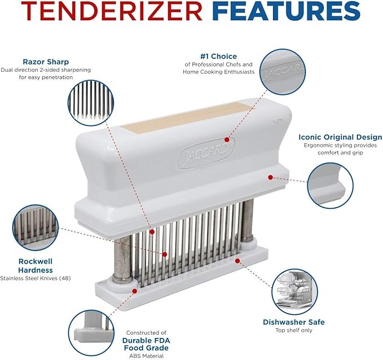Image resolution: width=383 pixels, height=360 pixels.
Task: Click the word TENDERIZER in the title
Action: click(x=111, y=11)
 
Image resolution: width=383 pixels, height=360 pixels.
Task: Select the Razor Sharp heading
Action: click(x=46, y=62)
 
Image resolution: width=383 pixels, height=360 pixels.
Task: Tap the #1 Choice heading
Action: click(x=219, y=56)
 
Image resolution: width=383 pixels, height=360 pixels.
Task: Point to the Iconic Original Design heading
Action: click(x=340, y=137)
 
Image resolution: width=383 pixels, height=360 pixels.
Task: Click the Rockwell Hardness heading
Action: click(x=36, y=266)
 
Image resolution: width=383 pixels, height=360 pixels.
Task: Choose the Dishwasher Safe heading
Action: click(x=294, y=322)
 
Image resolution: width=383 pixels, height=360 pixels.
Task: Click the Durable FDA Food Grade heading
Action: click(x=146, y=344)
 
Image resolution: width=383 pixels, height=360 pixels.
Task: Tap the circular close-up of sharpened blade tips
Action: click(x=91, y=103)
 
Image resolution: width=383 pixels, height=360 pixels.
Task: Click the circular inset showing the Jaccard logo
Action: click(x=283, y=72)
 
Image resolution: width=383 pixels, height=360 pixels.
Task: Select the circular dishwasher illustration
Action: click(x=294, y=291)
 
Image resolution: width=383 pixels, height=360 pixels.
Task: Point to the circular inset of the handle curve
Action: click(x=330, y=186)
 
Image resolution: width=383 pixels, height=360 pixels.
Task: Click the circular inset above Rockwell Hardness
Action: click(x=36, y=228)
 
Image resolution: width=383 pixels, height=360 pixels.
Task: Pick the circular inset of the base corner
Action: click(x=91, y=332)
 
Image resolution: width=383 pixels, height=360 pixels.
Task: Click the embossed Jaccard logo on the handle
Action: click(x=206, y=153)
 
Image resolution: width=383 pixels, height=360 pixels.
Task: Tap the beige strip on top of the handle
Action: click(x=188, y=117)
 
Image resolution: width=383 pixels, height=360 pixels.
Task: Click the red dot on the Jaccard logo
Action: click(x=227, y=139)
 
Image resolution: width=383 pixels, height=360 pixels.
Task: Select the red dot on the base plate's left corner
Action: click(x=134, y=291)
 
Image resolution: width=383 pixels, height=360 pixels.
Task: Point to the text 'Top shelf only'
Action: click(x=294, y=330)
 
